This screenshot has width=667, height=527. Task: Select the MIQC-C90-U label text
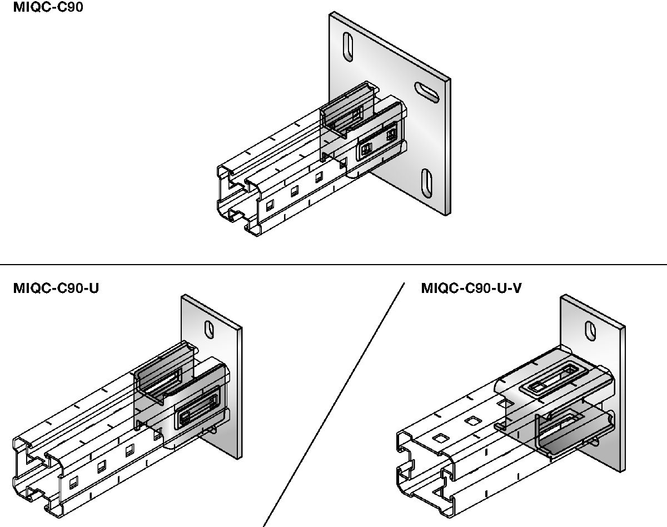[56, 288]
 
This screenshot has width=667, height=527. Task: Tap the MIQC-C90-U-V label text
[471, 288]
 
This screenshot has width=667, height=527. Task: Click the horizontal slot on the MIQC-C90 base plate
[426, 91]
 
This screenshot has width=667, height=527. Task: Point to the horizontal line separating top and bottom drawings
[333, 265]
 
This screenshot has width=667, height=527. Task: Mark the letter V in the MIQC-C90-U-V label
[516, 288]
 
